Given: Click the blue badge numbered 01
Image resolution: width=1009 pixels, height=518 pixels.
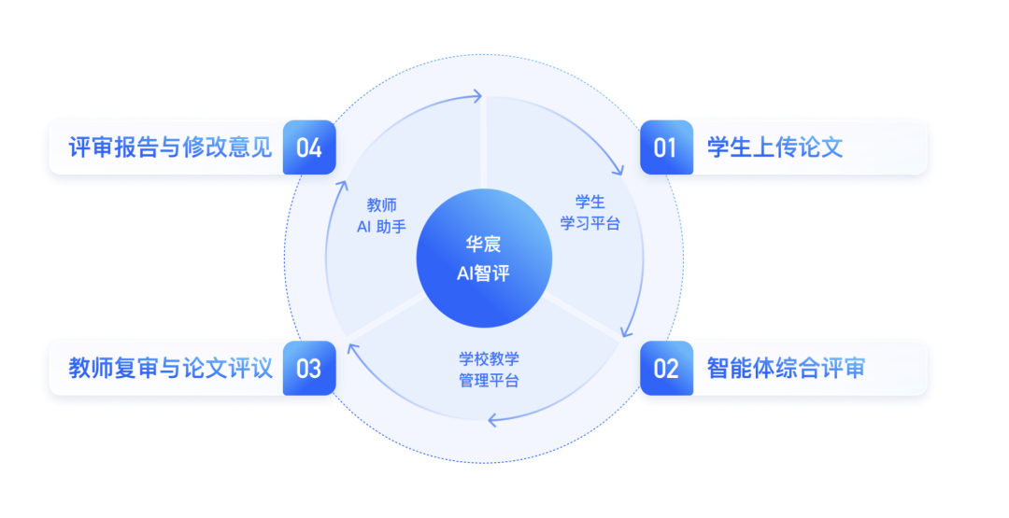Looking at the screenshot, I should [666, 147].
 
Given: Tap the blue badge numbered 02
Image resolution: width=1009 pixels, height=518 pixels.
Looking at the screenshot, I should [666, 368].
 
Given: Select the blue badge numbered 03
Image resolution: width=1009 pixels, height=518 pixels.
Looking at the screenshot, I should [308, 368].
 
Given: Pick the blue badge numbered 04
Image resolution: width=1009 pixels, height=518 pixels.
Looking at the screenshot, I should [308, 147].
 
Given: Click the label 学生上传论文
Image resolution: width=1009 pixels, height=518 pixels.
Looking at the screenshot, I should [775, 147].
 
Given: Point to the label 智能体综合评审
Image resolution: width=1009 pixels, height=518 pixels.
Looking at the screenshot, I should [786, 368].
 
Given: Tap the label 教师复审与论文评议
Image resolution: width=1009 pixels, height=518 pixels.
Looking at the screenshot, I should [170, 368].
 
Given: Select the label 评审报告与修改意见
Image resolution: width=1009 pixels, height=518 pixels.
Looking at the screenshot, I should [170, 147].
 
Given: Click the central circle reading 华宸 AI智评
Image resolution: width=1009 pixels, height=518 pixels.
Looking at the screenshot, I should [483, 259].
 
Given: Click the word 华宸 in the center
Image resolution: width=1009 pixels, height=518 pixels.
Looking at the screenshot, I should [483, 245].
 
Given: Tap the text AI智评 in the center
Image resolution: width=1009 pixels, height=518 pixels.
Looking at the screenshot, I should [483, 274].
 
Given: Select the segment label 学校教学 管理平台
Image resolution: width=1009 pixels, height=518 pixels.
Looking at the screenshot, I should [489, 370].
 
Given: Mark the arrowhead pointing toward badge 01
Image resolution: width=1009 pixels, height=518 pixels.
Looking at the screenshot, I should [617, 170].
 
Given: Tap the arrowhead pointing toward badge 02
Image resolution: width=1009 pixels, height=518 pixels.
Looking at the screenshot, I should [624, 332].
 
